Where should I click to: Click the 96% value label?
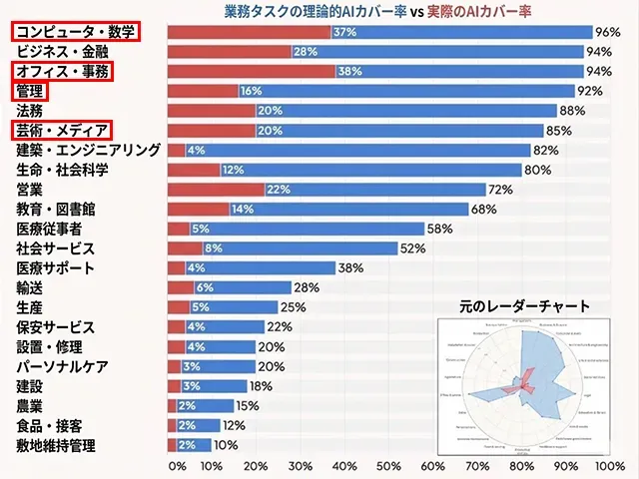[x=607, y=32]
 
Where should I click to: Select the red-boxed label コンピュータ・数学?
[x=76, y=32]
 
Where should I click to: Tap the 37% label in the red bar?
[x=345, y=32]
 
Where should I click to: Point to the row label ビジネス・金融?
[x=62, y=51]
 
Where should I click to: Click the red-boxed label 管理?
[x=30, y=91]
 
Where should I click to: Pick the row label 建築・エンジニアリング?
[x=88, y=150]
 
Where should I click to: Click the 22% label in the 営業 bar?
[x=279, y=190]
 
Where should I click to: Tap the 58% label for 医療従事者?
[x=439, y=229]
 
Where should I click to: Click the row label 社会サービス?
[x=55, y=248]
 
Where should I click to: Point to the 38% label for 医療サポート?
[x=350, y=267]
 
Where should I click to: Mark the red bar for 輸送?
[x=181, y=287]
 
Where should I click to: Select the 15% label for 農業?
[x=247, y=405]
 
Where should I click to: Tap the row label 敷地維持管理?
[x=55, y=445]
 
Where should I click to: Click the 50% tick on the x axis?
[x=389, y=466]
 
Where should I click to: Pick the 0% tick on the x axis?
[x=177, y=466]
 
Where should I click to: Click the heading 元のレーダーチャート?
[x=524, y=306]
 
